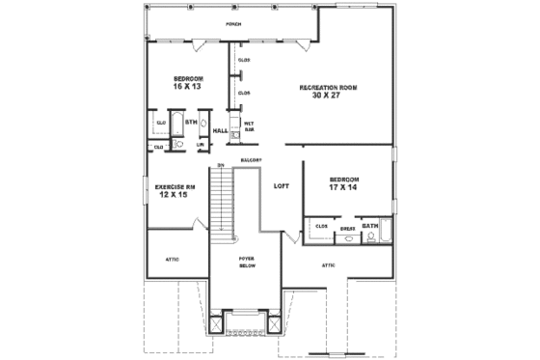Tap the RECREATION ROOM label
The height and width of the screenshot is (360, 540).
[x=329, y=87]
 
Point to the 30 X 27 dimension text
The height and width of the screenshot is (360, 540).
[x=329, y=96]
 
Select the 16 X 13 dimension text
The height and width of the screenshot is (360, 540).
[x=188, y=87]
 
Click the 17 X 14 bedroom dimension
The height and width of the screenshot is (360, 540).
[x=343, y=187]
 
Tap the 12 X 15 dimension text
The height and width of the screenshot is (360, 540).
[x=174, y=195]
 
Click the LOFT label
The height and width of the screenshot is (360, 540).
[x=282, y=185]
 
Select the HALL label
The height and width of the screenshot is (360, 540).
[x=220, y=130]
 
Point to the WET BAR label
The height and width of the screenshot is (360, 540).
[x=248, y=126]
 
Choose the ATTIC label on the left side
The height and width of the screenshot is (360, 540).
[x=174, y=259]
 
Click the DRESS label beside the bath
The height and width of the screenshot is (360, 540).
[x=347, y=229]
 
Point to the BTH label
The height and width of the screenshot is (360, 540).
[x=190, y=123]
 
